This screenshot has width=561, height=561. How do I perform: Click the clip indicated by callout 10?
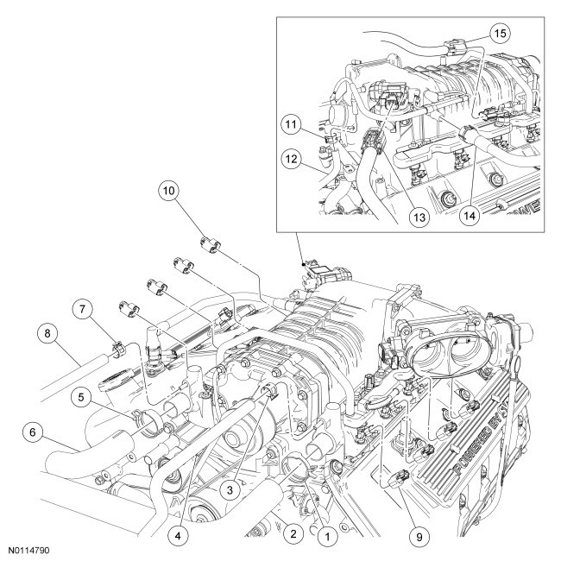[x=210, y=243]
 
